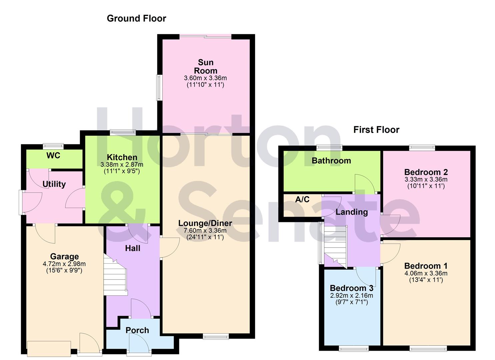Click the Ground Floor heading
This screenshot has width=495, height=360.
click(x=136, y=18)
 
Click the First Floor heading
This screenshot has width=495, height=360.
click(x=376, y=130)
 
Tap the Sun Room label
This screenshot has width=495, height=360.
click(x=206, y=67)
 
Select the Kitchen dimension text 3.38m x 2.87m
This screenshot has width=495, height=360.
click(x=122, y=165)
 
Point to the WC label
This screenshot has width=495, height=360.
click(x=53, y=156)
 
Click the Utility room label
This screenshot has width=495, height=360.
click(x=54, y=184)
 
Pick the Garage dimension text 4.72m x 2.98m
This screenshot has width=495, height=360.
click(x=64, y=264)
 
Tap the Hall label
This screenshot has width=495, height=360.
click(x=133, y=248)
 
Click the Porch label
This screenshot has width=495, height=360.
click(x=137, y=330)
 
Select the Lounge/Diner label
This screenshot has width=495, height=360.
click(x=205, y=223)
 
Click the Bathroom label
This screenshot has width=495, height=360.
click(x=331, y=161)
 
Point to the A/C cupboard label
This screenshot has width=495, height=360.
click(x=302, y=200)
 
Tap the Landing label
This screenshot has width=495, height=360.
click(x=352, y=212)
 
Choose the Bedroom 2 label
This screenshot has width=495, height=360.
click(x=426, y=172)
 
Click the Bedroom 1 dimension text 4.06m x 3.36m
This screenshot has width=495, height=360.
click(x=426, y=273)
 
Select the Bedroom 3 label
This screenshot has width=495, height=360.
click(x=351, y=288)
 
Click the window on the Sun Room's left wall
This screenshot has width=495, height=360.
click(x=159, y=88)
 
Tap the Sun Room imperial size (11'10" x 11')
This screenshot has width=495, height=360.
click(x=205, y=85)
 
